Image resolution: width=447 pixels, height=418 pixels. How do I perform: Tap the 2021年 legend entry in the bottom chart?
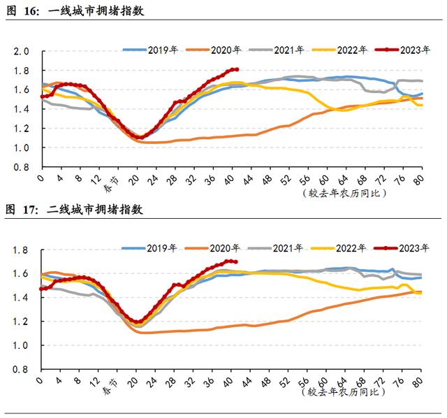click(286, 247)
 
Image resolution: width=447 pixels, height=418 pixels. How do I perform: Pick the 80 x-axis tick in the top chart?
click(419, 179)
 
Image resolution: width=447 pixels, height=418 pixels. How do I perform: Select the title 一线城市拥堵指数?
click(96, 10)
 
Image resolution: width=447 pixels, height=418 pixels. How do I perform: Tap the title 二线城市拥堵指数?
click(96, 209)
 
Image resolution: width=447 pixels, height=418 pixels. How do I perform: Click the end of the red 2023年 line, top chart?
click(237, 69)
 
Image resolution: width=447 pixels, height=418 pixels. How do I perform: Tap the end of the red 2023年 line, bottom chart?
click(237, 262)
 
